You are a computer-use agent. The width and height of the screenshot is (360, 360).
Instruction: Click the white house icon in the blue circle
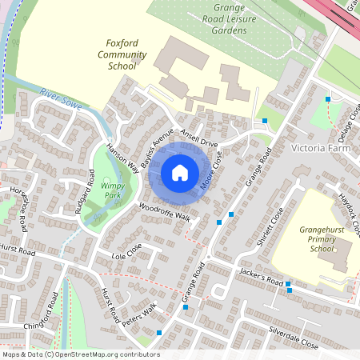tap(180, 172)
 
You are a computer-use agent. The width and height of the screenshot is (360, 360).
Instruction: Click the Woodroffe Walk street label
tap(165, 212)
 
